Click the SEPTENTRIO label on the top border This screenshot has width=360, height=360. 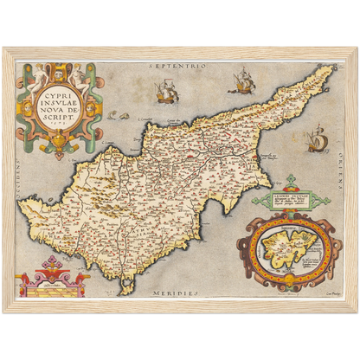[x=179, y=65]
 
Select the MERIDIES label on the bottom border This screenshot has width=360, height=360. [x=178, y=294]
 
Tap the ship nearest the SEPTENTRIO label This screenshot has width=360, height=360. [x=164, y=90]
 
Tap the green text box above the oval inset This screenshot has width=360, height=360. [x=291, y=196]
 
